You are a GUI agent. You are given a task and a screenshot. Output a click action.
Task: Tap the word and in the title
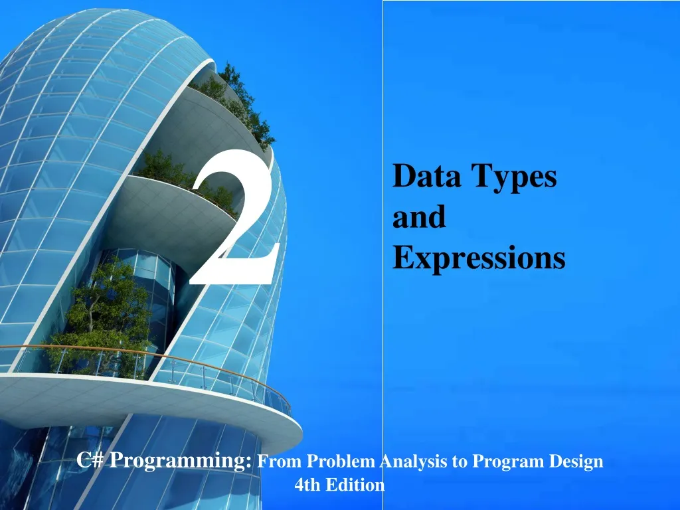point(419,218)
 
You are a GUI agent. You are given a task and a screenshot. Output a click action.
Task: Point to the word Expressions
point(479,258)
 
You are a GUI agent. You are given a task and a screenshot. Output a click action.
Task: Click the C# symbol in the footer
point(90,460)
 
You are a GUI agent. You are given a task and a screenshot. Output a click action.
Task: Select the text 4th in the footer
point(307,485)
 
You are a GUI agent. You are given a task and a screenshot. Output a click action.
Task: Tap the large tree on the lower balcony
point(106,312)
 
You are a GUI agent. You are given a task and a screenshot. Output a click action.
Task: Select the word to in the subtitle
point(459,462)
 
